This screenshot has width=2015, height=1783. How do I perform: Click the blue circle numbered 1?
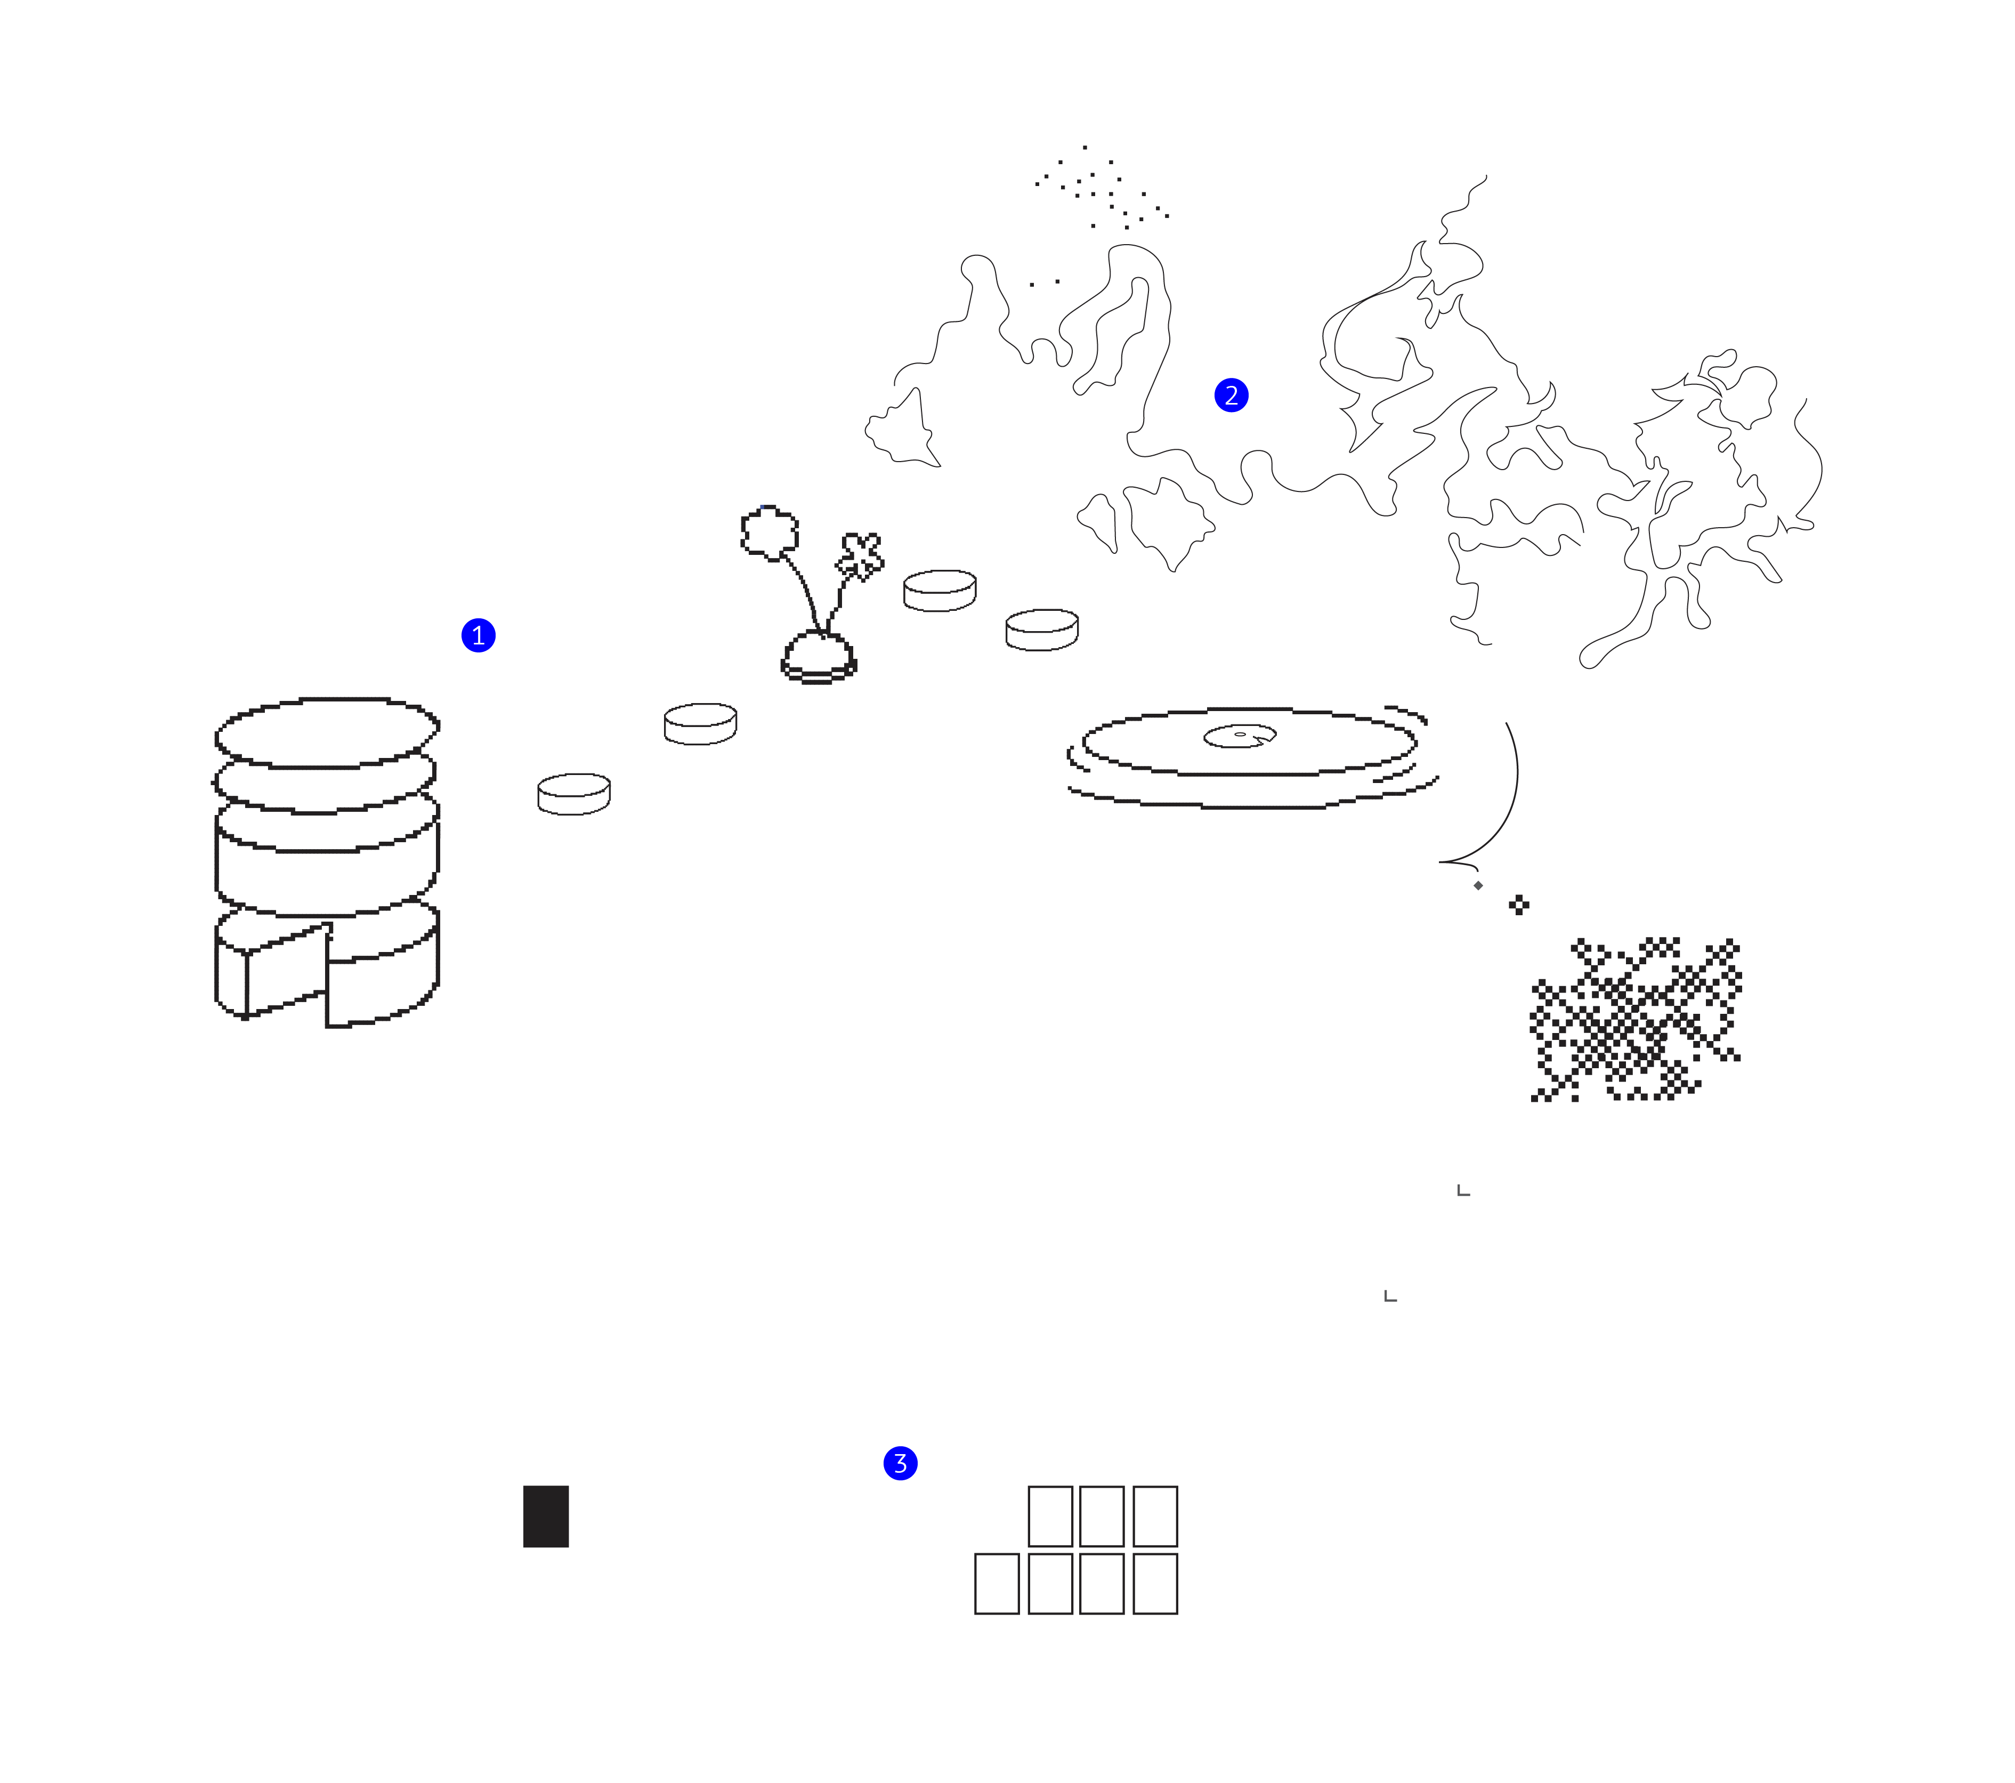tap(478, 635)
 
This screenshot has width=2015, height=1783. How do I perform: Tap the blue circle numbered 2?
tap(1231, 396)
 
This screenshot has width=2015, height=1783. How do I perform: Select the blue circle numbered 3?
tap(900, 1464)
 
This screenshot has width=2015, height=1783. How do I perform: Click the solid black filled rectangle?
tap(546, 1516)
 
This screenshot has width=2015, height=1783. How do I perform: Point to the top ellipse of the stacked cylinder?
tap(326, 732)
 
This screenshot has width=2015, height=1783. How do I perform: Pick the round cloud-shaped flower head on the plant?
tap(769, 533)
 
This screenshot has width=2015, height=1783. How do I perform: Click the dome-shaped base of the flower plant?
tap(818, 656)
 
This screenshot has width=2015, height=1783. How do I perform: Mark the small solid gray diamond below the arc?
tap(1478, 885)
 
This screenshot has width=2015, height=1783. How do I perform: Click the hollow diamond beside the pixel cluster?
tap(1519, 905)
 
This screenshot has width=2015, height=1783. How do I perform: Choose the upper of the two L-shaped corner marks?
tap(1463, 1191)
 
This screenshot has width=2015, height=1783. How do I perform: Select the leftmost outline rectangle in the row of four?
tap(997, 1584)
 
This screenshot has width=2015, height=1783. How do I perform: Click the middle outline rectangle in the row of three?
tap(1102, 1516)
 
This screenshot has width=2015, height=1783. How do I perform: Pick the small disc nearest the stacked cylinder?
tap(574, 794)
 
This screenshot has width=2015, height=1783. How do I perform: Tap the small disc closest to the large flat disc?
tap(1042, 629)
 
